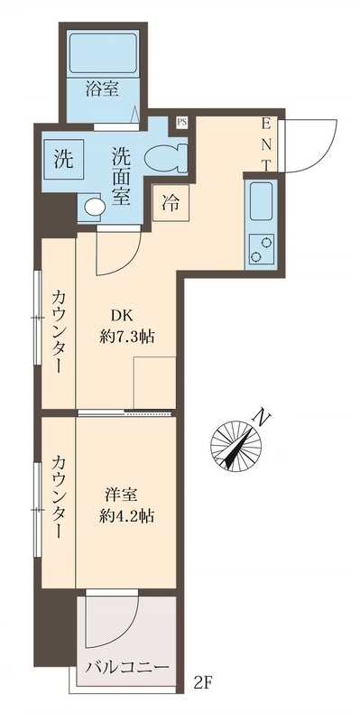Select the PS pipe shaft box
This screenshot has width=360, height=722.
[x=181, y=121]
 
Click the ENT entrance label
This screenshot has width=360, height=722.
[x=268, y=143]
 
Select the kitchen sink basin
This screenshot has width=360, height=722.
[x=261, y=200]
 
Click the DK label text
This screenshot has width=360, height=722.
[x=123, y=316]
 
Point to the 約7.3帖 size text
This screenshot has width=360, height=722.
[x=126, y=338]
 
